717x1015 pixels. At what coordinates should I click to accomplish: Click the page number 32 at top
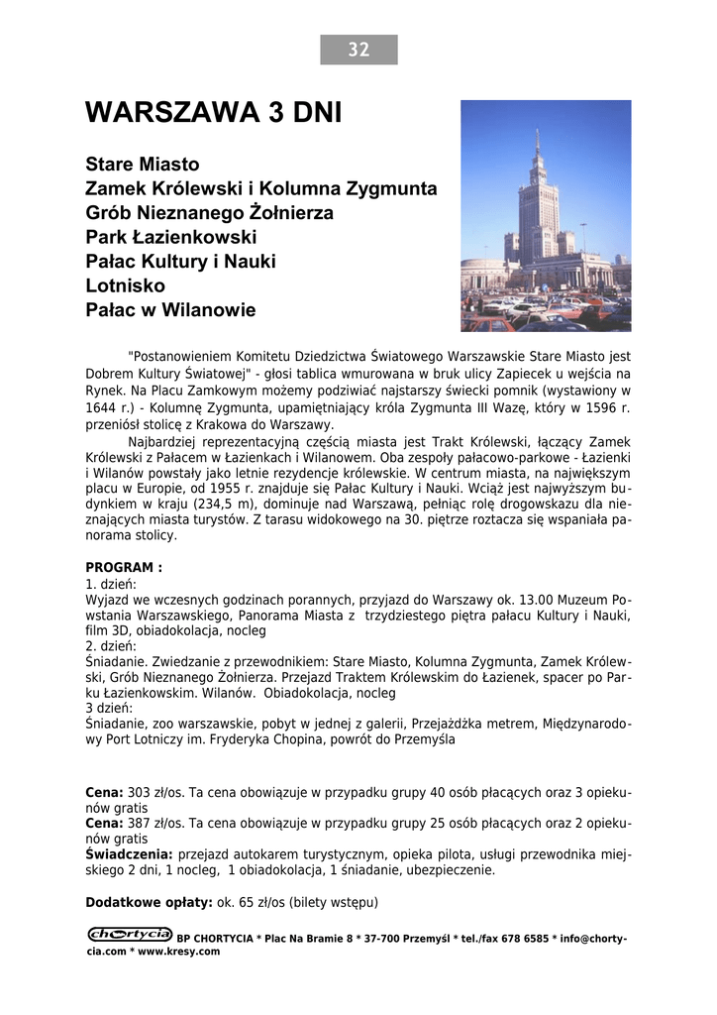[358, 50]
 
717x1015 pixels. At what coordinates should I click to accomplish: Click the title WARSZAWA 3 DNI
[213, 113]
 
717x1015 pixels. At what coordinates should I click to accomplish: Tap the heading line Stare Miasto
[143, 164]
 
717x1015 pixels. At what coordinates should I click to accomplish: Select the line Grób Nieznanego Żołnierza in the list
[210, 212]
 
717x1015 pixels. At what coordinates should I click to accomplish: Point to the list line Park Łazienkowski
[171, 237]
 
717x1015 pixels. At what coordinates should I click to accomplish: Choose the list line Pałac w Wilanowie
[170, 310]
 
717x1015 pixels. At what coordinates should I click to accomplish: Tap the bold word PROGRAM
[124, 568]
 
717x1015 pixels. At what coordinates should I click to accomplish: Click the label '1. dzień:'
[111, 585]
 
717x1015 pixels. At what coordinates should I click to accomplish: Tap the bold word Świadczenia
[130, 853]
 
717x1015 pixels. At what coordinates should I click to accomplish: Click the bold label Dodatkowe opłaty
[150, 902]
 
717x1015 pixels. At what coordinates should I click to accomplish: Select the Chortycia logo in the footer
[130, 934]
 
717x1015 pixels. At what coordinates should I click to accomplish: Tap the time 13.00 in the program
[534, 601]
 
